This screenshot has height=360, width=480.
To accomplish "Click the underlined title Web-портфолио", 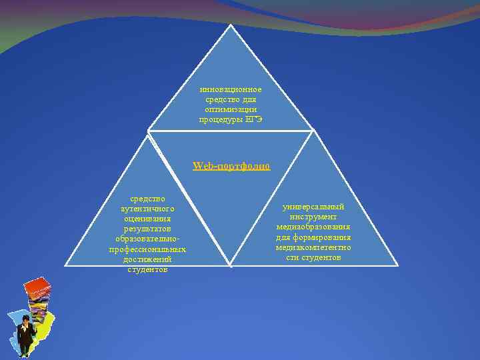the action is coord(231,166).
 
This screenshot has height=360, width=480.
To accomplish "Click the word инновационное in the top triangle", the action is coord(231,89).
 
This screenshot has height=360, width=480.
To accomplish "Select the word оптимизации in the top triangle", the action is coord(231,109).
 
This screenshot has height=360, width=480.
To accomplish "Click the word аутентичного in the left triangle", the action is coord(148,209).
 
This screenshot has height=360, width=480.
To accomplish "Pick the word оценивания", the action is coord(148,219).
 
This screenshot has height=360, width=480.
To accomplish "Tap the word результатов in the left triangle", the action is coord(148,229).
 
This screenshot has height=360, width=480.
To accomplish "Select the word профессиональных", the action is coord(148,249).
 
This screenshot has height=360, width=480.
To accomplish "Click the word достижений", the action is coord(148,259).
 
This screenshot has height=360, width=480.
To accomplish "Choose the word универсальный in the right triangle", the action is coord(313,207).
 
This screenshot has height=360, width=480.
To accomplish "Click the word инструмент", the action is coord(313,217).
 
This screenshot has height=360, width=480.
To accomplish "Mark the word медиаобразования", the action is coord(313,227).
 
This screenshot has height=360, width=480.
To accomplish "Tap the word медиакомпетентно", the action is coord(313,247).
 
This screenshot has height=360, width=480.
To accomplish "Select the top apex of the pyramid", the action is coord(231,25).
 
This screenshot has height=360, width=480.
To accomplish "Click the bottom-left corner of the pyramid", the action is coord(65,265).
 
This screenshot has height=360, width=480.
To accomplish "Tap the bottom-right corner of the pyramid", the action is coord(397,265).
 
